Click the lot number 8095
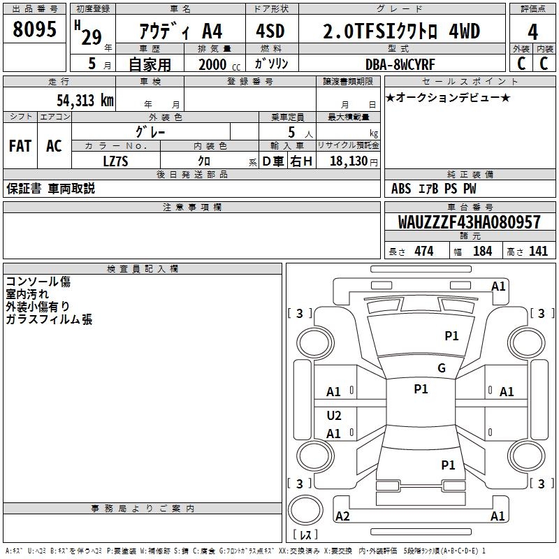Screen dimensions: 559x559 pyautogui.click(x=34, y=29)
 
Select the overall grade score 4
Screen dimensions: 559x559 pyautogui.click(x=532, y=32)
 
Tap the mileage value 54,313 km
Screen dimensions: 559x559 pyautogui.click(x=85, y=101)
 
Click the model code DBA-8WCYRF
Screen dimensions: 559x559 pyautogui.click(x=400, y=64)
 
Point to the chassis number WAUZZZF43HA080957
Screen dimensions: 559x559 pyautogui.click(x=469, y=222)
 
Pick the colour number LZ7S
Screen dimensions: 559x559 pyautogui.click(x=115, y=161)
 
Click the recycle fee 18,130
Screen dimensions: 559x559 pyautogui.click(x=349, y=161)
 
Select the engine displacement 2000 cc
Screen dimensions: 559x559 pyautogui.click(x=219, y=64)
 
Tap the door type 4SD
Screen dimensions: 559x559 pyautogui.click(x=270, y=31)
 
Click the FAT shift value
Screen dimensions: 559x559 pyautogui.click(x=20, y=146)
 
